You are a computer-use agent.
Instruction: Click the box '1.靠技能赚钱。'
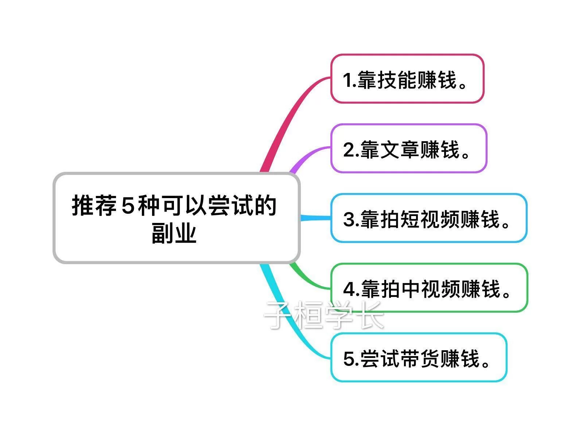(407, 79)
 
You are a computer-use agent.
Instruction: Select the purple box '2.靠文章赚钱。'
(408, 148)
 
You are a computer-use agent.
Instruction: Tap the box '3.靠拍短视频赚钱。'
(428, 218)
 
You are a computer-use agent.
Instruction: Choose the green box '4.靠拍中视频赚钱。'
(429, 288)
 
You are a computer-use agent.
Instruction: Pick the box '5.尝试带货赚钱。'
(419, 358)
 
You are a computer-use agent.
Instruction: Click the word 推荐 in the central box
(94, 206)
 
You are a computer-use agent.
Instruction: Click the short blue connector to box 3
(315, 218)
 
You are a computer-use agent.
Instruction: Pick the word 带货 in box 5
(419, 358)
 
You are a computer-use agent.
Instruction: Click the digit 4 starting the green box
(349, 289)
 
